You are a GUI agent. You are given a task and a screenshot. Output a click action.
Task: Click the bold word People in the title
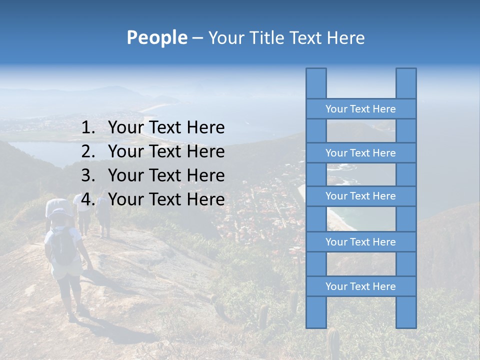click(x=156, y=37)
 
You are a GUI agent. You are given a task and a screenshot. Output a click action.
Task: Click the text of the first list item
click(x=166, y=128)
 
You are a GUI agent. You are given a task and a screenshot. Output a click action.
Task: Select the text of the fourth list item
click(x=166, y=199)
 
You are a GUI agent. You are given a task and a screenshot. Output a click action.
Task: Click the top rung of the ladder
click(x=360, y=109)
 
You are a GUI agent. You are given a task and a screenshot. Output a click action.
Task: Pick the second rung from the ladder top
click(x=360, y=153)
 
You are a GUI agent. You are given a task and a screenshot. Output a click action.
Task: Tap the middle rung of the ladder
click(x=360, y=196)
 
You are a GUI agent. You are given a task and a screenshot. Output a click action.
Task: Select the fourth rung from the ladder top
click(x=360, y=242)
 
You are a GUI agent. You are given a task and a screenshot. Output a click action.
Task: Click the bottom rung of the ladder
click(x=360, y=286)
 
